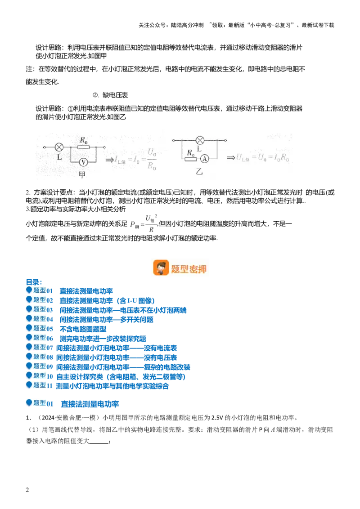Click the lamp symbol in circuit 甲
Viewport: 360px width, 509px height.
coord(59,147)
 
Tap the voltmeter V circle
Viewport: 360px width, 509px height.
coord(83,161)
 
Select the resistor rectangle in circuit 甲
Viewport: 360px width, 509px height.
coord(83,147)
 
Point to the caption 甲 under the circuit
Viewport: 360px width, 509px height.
coord(82,174)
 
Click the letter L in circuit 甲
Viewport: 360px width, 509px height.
coord(59,157)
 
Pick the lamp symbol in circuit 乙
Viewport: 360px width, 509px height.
coord(199,140)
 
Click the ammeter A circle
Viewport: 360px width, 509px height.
coord(204,159)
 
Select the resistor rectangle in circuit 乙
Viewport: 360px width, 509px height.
coord(191,159)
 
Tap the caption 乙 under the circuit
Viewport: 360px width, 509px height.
coord(199,171)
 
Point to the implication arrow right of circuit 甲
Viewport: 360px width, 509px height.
coord(109,160)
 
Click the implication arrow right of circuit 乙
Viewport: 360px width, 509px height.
coord(231,157)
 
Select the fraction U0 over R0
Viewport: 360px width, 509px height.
coord(152,159)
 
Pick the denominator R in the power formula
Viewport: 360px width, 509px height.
coord(151,229)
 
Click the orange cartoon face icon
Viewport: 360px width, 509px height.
coord(161,268)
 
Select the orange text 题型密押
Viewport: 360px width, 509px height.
coord(189,269)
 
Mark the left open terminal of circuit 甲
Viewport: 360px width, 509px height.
coord(44,147)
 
